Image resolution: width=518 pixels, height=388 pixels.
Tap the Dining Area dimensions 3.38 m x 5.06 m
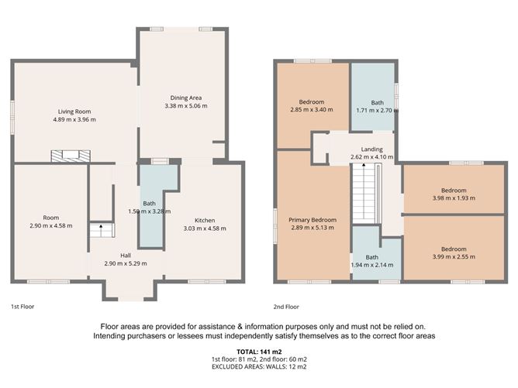pos(186,105)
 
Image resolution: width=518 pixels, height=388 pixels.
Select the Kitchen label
pos(205,220)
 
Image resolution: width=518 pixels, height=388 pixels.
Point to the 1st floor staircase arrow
pos(98,230)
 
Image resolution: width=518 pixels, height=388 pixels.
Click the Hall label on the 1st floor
pos(125,255)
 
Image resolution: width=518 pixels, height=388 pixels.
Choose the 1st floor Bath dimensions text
pos(146,211)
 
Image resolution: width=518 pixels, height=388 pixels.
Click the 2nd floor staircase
pos(363,193)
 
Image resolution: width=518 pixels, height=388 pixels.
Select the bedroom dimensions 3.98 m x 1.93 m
pos(453,198)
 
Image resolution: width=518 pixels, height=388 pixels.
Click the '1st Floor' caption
pos(22,307)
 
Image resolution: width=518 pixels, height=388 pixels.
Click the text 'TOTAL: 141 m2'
pos(259,353)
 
